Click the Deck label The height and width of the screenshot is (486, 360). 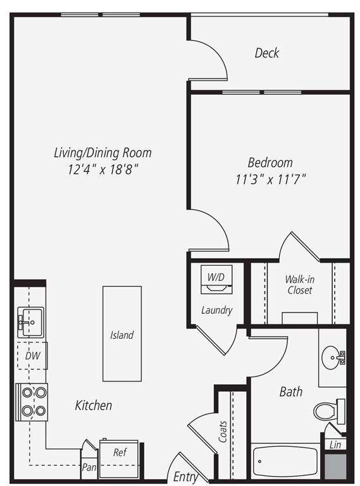click(x=267, y=53)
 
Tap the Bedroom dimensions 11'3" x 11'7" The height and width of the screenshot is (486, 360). click(x=271, y=180)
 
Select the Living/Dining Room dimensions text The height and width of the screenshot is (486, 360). click(x=103, y=170)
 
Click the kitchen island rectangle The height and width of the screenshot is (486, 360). click(x=122, y=333)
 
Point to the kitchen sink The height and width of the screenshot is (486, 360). click(x=30, y=322)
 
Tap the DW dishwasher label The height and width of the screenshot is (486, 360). click(x=32, y=356)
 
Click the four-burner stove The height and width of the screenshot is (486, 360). click(x=32, y=402)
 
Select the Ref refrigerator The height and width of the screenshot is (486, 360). click(x=120, y=459)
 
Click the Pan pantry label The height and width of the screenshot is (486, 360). click(x=89, y=467)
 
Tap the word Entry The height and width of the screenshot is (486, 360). click(x=185, y=477)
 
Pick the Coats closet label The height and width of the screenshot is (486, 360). click(x=223, y=432)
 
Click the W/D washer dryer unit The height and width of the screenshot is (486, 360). click(x=216, y=279)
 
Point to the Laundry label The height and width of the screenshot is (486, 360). click(x=216, y=310)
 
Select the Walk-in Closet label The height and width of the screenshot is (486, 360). click(x=300, y=285)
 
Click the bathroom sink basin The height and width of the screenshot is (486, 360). click(x=333, y=358)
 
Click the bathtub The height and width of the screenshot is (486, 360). click(x=285, y=461)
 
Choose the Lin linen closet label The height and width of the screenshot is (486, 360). click(x=335, y=445)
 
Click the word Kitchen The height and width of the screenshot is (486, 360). click(x=94, y=405)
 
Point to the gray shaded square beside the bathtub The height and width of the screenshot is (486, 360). click(x=335, y=467)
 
